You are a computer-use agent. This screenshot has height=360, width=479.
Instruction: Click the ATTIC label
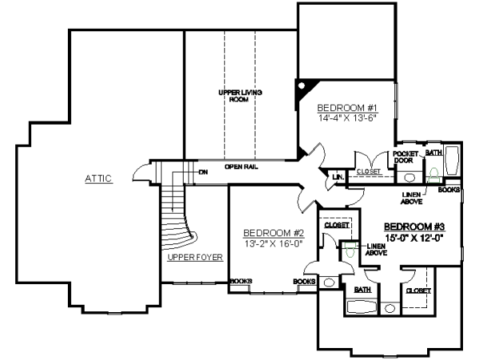(x=99, y=178)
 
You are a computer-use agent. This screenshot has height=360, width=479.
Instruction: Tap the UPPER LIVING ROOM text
(x=240, y=96)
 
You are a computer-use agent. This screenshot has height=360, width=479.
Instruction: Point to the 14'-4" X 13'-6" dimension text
(x=346, y=117)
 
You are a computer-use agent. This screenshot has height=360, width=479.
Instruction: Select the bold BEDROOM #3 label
(x=414, y=226)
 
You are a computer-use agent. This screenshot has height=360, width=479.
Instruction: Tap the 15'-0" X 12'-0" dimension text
(x=414, y=237)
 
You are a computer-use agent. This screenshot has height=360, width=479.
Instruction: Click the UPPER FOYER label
(x=195, y=257)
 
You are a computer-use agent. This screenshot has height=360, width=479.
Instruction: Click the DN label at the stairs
(x=203, y=172)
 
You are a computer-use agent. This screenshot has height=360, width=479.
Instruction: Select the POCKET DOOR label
(x=405, y=156)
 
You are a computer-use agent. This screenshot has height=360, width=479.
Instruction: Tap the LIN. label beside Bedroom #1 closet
(x=338, y=176)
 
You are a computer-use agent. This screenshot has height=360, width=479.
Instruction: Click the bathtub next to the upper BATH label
(x=451, y=162)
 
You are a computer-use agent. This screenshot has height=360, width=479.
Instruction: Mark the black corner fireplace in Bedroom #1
(x=305, y=87)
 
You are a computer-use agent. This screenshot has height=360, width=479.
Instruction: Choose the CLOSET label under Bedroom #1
(x=369, y=171)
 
